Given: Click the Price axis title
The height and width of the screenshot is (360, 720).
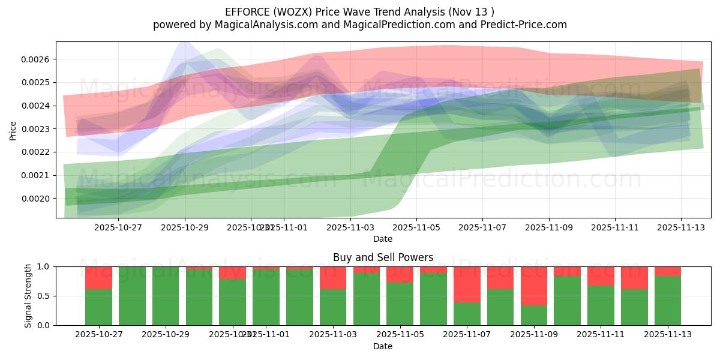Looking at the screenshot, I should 13,130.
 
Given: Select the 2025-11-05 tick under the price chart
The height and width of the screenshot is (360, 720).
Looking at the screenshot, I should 416,227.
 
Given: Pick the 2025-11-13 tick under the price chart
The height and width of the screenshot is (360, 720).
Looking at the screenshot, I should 680,227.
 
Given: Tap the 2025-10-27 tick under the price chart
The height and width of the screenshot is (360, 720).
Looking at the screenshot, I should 119,227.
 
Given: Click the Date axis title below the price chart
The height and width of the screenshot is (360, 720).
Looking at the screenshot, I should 383,239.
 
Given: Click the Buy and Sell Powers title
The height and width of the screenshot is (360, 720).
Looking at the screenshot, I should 383,257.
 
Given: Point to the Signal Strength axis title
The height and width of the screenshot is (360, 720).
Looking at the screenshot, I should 28,296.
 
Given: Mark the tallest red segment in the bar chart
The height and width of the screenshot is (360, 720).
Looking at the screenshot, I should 534,286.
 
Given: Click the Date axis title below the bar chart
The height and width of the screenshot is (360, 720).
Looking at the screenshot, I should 383,346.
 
